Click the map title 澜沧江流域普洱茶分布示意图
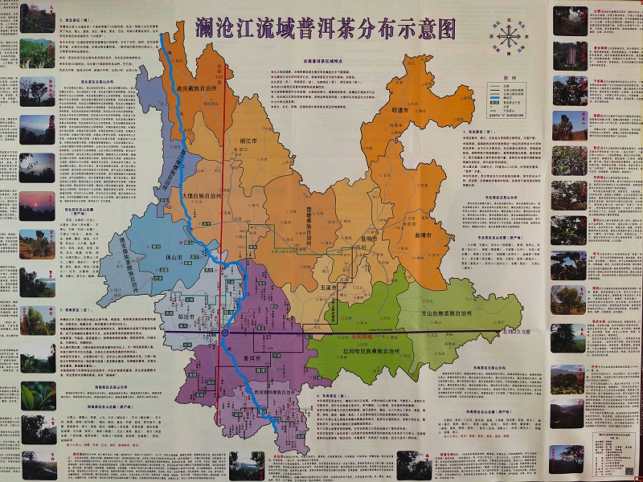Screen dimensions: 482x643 pyautogui.click(x=326, y=28)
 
